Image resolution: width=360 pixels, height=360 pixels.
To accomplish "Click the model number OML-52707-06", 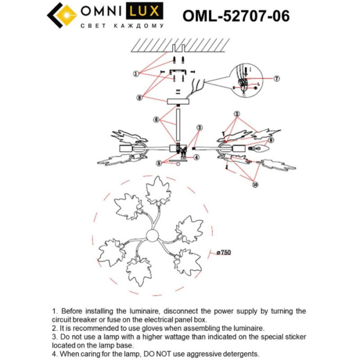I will coord(236,16).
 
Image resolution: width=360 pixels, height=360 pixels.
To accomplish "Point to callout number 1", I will coord(136,74).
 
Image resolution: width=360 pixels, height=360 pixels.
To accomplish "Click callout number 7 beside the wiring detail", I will coord(276,79).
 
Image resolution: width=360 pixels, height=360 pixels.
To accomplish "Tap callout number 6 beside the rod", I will coord(155,119).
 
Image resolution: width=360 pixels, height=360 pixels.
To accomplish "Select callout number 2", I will coord(237,114).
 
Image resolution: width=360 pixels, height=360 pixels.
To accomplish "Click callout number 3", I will coord(199,127).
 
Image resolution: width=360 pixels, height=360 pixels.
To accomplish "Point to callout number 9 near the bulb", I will coord(271,139).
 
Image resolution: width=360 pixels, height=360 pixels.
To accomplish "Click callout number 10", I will coord(256,184).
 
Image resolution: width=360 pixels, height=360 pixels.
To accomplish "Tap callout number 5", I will coord(159,163).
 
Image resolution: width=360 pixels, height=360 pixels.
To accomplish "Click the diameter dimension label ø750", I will coord(223,252).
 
